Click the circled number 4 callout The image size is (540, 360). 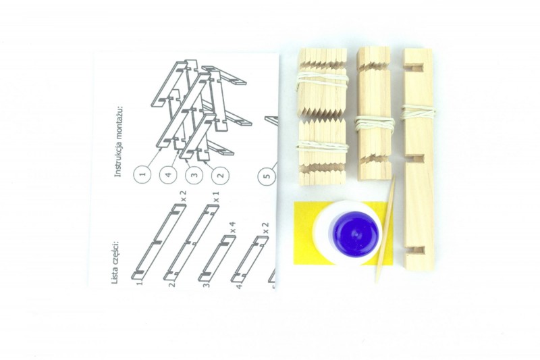click(169, 174)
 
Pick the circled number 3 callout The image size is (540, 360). click(194, 174)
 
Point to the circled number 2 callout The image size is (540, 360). click(221, 174)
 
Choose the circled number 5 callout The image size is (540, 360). click(269, 176)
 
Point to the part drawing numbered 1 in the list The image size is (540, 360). click(159, 241)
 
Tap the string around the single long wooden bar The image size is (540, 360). click(417, 112)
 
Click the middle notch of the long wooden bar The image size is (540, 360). click(416, 159)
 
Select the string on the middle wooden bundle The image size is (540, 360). click(374, 124)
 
